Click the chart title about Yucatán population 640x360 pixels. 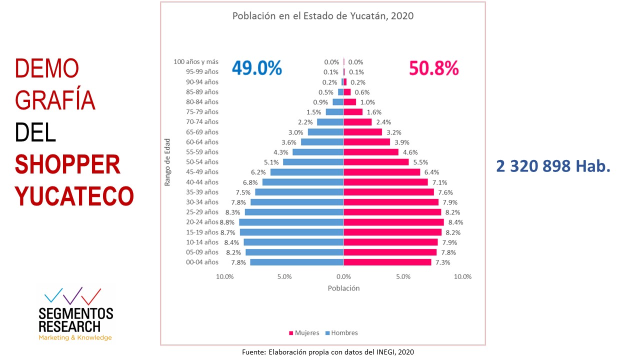tap(322, 16)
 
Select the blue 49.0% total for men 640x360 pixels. tap(256, 68)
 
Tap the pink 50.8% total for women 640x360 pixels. tap(433, 68)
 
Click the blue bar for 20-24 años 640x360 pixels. tap(291, 222)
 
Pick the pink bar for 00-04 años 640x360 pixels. tap(387, 262)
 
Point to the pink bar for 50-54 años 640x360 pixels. tap(376, 162)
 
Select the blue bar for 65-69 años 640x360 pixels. tap(325, 132)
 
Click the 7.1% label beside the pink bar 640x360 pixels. tap(439, 182)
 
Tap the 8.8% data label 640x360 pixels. tap(227, 222)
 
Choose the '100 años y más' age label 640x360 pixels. tap(196, 62)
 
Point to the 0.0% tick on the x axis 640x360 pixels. tap(343, 276)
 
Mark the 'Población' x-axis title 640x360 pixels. tap(343, 288)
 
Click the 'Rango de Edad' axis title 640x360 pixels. tap(167, 162)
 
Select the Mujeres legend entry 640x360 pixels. tap(303, 333)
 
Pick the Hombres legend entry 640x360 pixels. tap(341, 333)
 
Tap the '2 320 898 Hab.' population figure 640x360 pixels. tap(553, 166)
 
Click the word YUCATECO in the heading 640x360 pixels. tap(74, 196)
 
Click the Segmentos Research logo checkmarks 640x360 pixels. tap(72, 296)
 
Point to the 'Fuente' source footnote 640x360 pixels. tap(328, 352)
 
